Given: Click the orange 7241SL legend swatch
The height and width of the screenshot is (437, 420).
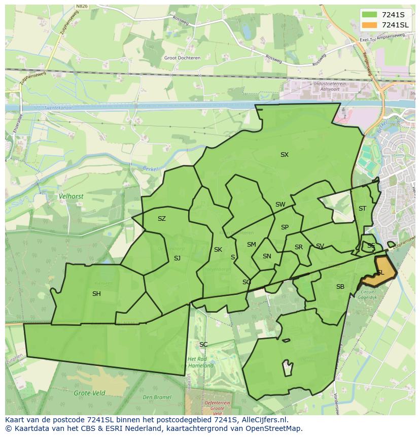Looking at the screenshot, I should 369,25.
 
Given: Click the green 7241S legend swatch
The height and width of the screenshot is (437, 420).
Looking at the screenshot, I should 369,14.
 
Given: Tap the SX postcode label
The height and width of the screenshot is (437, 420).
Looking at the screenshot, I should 285,155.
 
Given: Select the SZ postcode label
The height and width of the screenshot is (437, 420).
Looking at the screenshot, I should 162,219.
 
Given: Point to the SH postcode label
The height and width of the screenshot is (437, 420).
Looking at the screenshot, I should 96,294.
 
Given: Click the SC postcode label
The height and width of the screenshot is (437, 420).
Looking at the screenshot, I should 203,345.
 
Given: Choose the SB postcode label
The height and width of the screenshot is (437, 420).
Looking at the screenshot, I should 340,287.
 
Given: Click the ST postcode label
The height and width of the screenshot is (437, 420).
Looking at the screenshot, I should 362,209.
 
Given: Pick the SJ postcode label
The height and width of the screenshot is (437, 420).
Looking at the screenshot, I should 177,258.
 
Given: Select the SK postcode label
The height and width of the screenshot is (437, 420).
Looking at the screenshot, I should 218,250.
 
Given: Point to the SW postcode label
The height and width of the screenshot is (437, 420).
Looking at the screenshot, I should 281,205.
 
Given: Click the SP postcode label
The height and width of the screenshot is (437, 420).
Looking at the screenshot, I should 285,227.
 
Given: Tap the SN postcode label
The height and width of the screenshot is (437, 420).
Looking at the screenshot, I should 267,256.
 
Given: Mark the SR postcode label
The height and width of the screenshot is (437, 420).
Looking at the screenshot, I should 299,247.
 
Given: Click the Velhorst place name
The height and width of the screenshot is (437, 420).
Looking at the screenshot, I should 71,196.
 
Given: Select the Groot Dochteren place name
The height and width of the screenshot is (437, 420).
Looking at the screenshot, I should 182,58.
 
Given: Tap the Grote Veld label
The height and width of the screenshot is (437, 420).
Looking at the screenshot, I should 89,393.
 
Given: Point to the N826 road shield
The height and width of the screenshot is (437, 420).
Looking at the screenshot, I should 81,7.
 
